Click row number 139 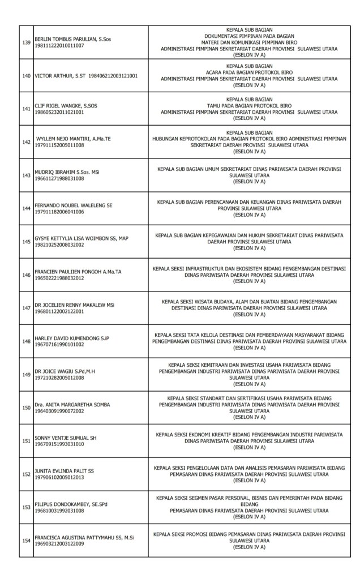(x=26, y=42)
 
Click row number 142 (x=26, y=142)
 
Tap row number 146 (x=26, y=275)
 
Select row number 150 (x=26, y=408)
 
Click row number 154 (x=26, y=541)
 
